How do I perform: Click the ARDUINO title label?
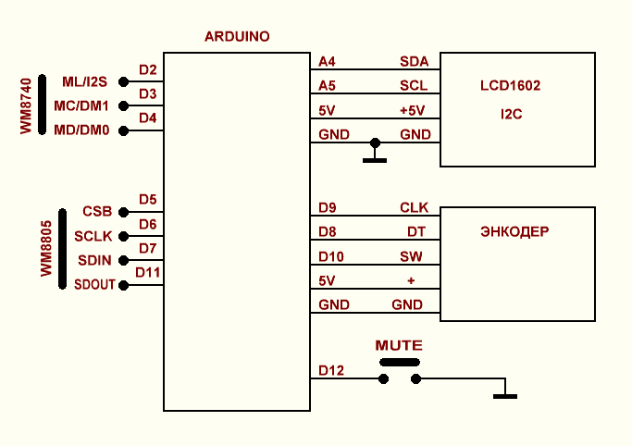click(237, 37)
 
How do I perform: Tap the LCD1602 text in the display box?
click(510, 86)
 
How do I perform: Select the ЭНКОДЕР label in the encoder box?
click(515, 231)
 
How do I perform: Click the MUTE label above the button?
click(399, 345)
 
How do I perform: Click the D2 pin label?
click(147, 69)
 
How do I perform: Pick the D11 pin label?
click(147, 272)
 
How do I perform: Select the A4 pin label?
click(327, 62)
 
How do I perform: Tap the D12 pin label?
click(330, 371)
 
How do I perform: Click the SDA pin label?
click(414, 62)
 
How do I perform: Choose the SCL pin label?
click(414, 86)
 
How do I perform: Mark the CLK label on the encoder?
click(414, 207)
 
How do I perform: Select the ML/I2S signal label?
click(85, 82)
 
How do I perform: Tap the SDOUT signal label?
click(94, 285)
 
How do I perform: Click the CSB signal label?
click(97, 211)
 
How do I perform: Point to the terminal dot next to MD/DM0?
click(123, 130)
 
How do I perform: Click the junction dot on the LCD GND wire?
click(375, 142)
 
